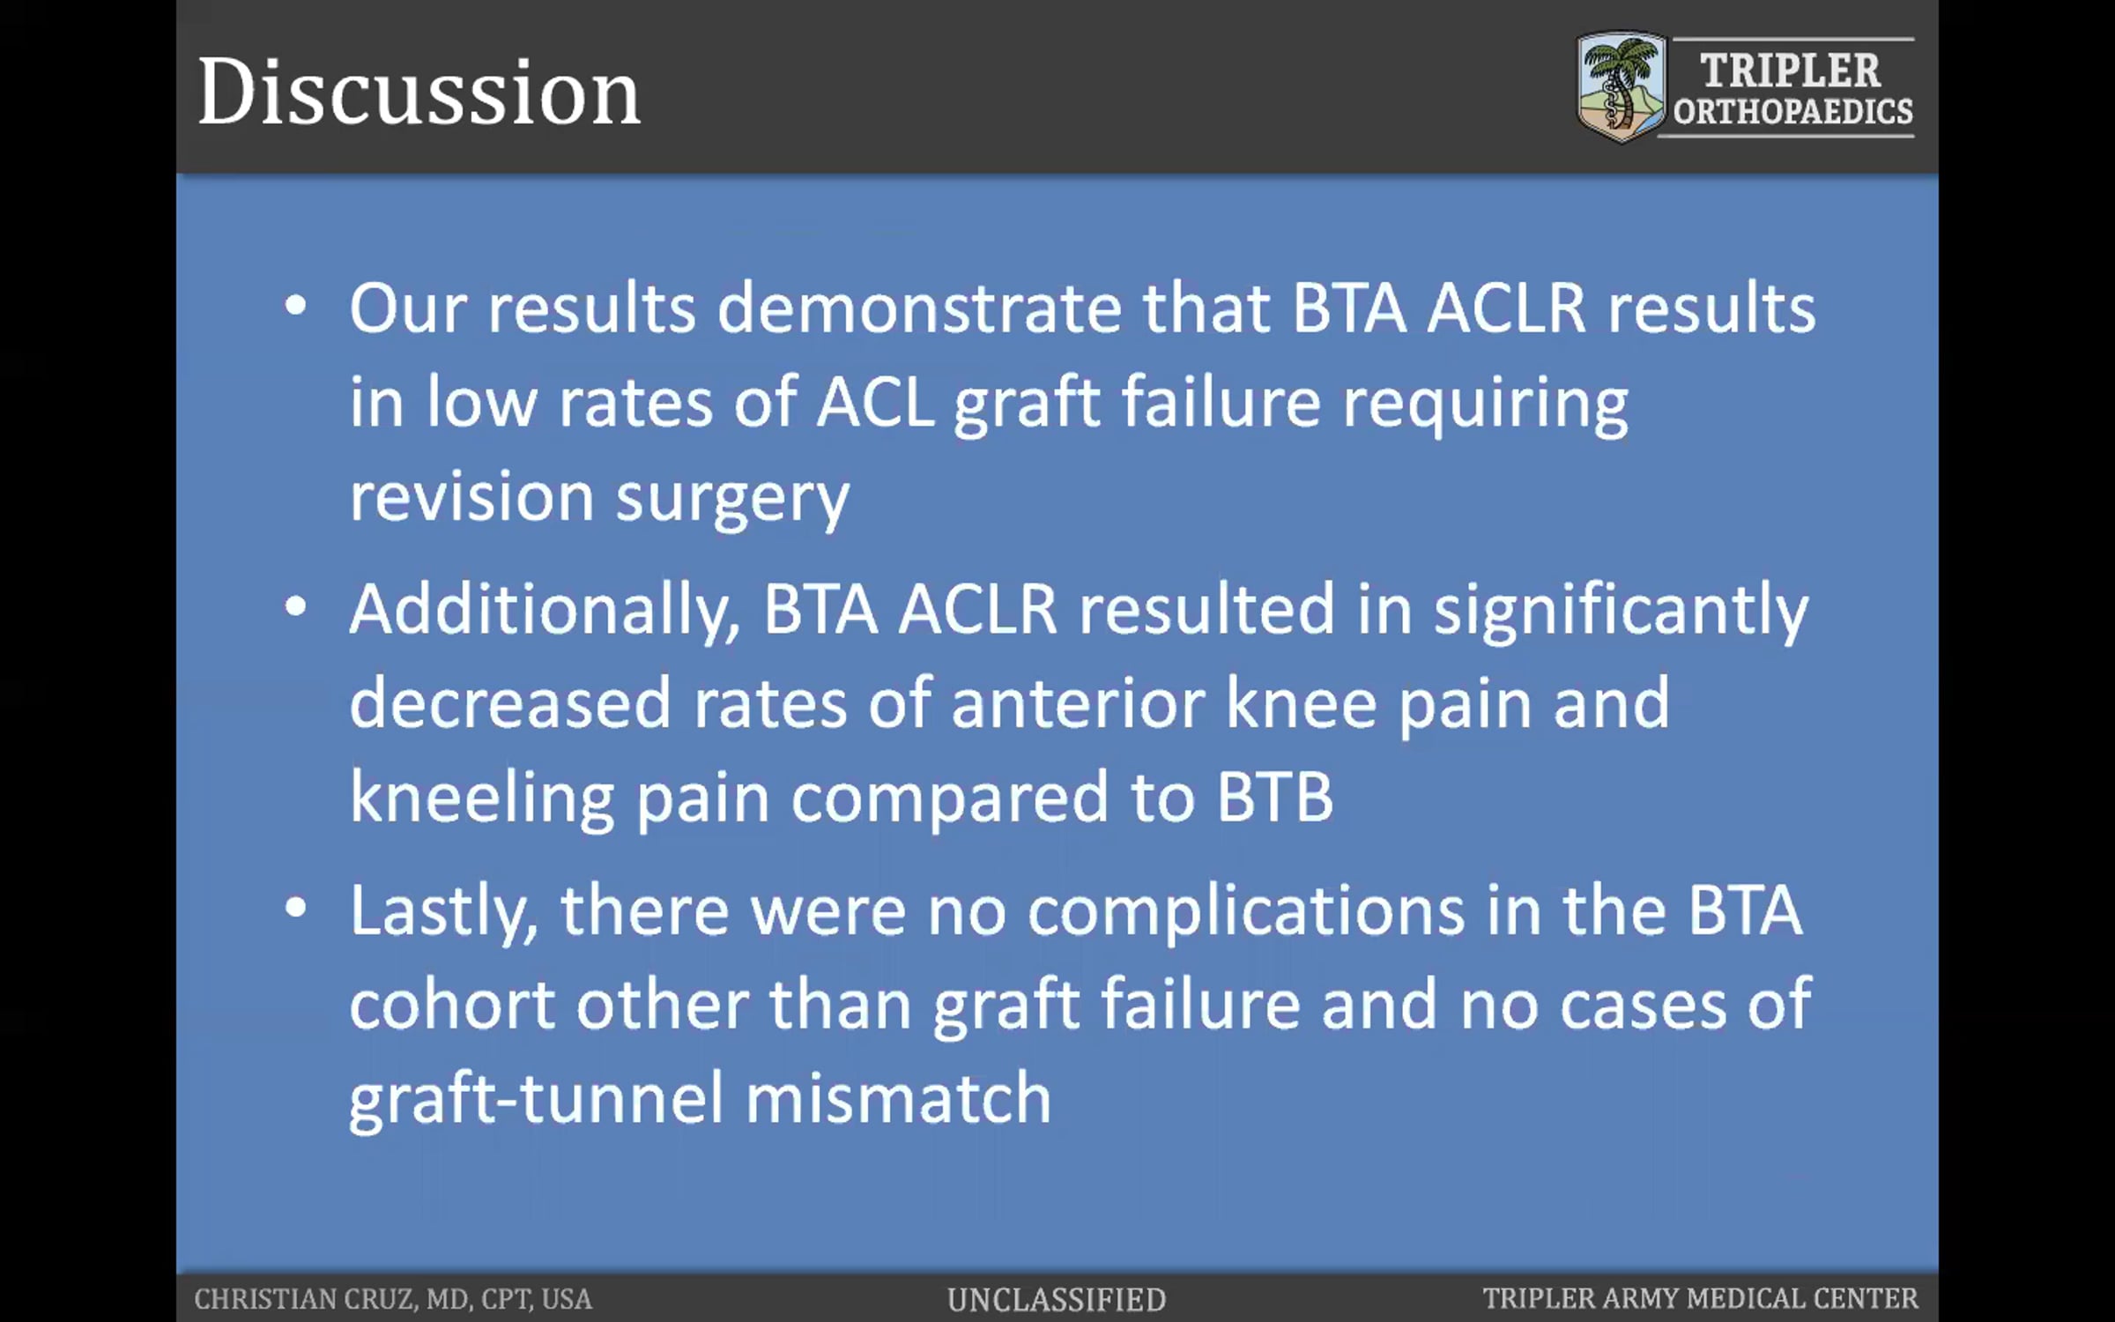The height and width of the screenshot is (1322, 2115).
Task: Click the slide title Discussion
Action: (419, 92)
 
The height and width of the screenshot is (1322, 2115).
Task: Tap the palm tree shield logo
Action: (1621, 86)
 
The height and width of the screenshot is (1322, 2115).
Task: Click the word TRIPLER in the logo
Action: (1790, 71)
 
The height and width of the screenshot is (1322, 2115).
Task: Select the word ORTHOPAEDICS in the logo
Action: (1793, 112)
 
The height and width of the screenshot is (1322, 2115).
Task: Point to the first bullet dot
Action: (296, 306)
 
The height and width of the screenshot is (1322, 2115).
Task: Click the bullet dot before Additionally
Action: (296, 606)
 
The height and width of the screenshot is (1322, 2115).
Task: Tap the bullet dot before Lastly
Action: (296, 908)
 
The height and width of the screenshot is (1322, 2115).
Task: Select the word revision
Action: (471, 496)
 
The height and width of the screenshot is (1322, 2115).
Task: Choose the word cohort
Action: (452, 1006)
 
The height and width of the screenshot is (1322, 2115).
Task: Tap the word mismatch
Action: (899, 1099)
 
